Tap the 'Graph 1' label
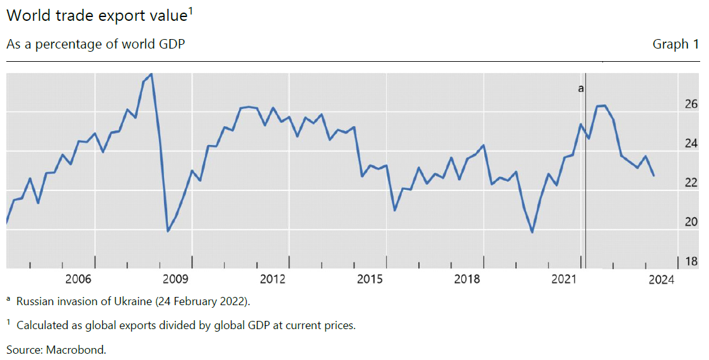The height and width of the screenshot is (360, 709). pyautogui.click(x=676, y=44)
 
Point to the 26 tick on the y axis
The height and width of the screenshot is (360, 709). pyautogui.click(x=691, y=104)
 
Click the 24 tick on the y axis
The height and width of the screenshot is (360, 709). pyautogui.click(x=691, y=144)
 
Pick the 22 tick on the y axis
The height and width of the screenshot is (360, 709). pyautogui.click(x=691, y=183)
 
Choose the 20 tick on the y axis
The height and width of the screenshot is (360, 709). pyautogui.click(x=691, y=222)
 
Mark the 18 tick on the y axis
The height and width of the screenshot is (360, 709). pyautogui.click(x=691, y=261)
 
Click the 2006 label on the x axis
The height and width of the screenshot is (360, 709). pyautogui.click(x=79, y=279)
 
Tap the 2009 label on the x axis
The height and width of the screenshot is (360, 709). pyautogui.click(x=176, y=279)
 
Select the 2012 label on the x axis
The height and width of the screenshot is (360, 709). pyautogui.click(x=273, y=279)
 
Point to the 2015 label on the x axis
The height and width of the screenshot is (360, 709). pyautogui.click(x=370, y=279)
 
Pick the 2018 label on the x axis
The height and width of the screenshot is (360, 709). pyautogui.click(x=467, y=279)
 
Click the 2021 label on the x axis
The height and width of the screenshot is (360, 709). pyautogui.click(x=565, y=279)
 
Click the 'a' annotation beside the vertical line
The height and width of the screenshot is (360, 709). pyautogui.click(x=581, y=89)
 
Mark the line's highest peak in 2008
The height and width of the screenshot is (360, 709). pyautogui.click(x=151, y=74)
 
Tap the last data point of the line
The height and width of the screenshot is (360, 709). pyautogui.click(x=653, y=175)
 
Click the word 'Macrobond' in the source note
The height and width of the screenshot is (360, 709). pyautogui.click(x=78, y=349)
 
